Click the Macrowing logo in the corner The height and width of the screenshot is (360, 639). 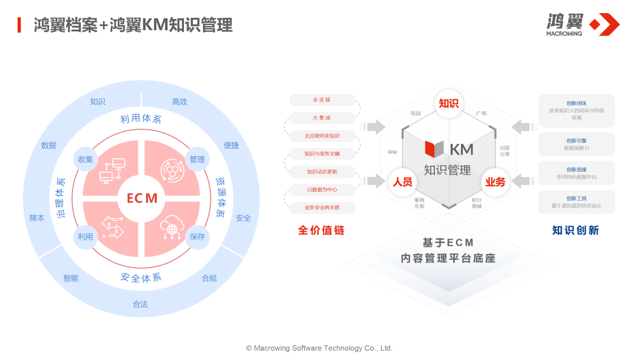coord(582,24)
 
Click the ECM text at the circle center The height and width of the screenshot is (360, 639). coord(142,198)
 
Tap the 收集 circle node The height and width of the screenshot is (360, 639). coord(85,159)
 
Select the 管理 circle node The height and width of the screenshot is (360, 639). coord(197,159)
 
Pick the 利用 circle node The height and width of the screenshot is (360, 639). coord(85,237)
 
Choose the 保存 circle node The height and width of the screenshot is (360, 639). coord(197,237)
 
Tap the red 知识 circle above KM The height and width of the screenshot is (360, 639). coord(448,104)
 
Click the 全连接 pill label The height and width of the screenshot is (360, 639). coord(322,100)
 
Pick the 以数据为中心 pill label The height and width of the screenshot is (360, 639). coord(322,189)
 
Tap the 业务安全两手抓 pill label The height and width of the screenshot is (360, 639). coord(322,208)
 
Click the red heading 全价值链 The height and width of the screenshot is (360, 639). coord(321,230)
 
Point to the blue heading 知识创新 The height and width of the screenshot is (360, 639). coord(575,230)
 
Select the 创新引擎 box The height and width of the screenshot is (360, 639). coord(576,144)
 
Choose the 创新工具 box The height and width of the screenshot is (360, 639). coord(576,202)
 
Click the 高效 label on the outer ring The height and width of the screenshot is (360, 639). coord(179,102)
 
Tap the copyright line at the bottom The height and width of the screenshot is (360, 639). coord(319,348)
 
